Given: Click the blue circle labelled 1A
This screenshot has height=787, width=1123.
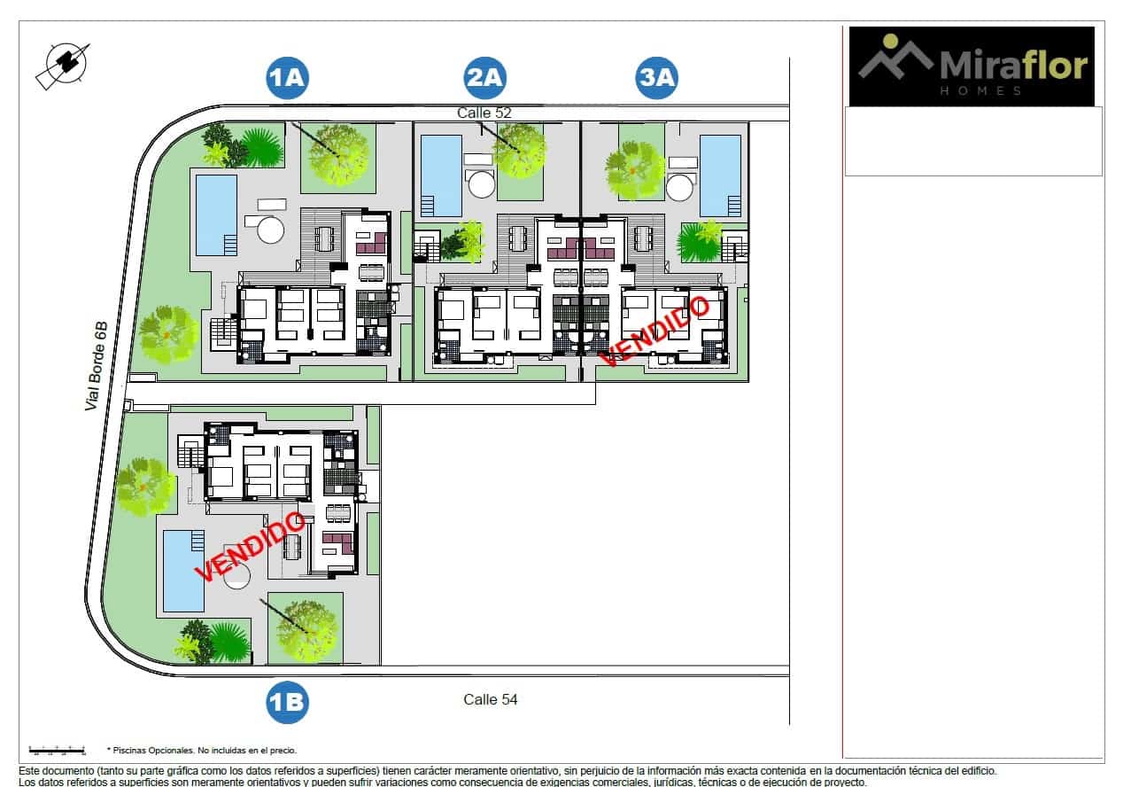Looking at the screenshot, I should click(287, 79).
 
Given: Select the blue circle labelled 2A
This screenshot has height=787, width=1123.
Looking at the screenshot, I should click(484, 79).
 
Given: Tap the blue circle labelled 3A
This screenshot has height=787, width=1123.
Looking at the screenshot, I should click(657, 79).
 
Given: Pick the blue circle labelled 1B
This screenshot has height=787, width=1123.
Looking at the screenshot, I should click(287, 703).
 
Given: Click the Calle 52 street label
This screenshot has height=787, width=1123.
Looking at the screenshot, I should click(484, 113).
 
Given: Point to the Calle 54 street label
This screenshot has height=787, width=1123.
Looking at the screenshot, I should click(491, 699).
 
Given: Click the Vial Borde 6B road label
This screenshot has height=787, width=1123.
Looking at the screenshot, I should click(97, 366).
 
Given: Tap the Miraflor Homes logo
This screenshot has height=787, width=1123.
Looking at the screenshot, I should click(972, 66).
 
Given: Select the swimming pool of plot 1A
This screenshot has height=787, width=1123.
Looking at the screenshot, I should click(215, 214).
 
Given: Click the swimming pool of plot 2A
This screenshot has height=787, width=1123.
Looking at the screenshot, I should click(440, 175).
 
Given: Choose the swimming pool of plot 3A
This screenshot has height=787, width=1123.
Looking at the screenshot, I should click(720, 175).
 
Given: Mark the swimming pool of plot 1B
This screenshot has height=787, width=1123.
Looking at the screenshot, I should click(183, 570).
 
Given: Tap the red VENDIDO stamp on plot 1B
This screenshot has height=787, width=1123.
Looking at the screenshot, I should click(250, 547).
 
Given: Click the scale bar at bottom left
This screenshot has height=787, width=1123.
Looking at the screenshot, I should click(57, 750).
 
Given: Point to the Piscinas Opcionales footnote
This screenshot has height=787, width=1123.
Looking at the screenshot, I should click(202, 750).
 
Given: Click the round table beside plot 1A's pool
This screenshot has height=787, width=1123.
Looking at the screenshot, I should click(270, 230).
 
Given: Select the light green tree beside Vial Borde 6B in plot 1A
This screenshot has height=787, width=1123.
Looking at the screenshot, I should click(167, 334).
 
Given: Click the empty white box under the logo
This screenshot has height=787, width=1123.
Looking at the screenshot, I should click(972, 142).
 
